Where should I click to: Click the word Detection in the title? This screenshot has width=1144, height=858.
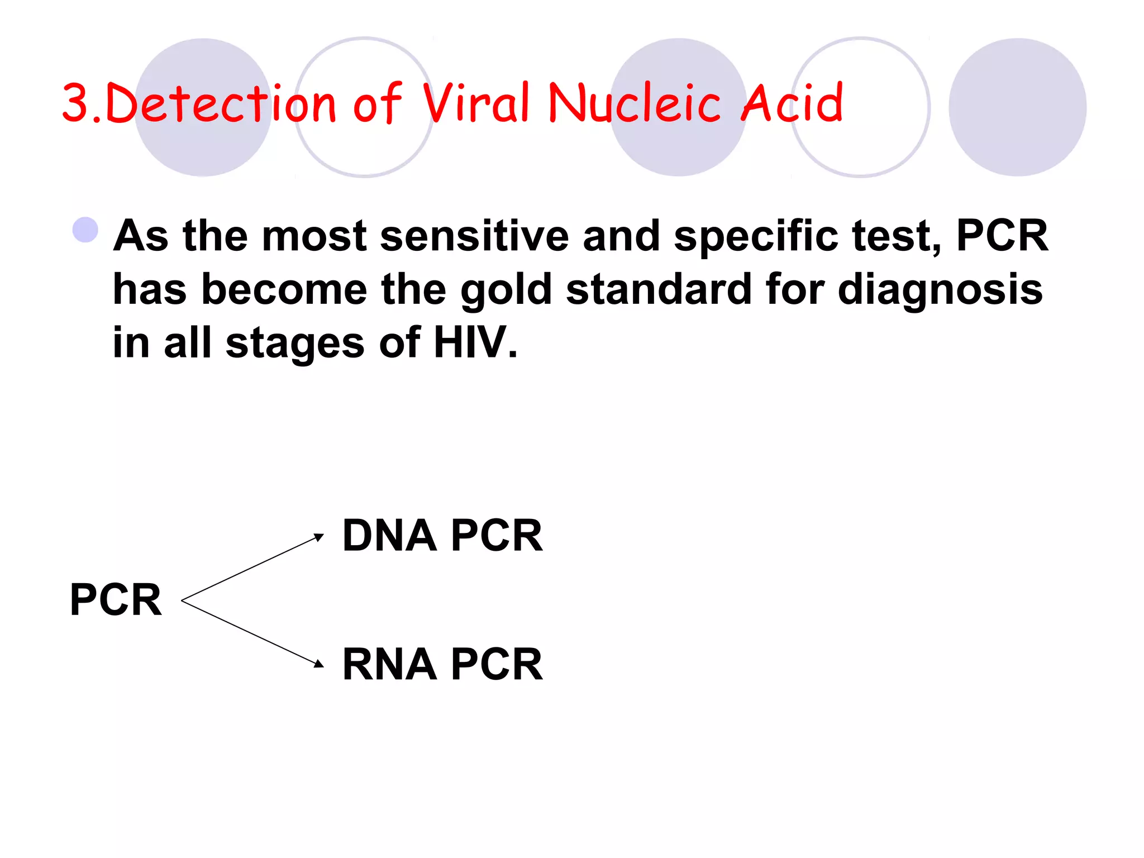pyautogui.click(x=221, y=103)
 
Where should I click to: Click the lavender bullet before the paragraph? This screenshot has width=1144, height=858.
pyautogui.click(x=85, y=230)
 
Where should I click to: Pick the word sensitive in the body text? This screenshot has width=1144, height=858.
pyautogui.click(x=474, y=236)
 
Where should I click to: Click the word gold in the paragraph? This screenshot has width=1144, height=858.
pyautogui.click(x=506, y=289)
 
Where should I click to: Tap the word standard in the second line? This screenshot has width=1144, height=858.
pyautogui.click(x=659, y=289)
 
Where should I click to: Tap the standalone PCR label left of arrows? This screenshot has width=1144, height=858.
pyautogui.click(x=116, y=599)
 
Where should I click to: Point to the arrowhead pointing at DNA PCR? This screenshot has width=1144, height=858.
pyautogui.click(x=319, y=537)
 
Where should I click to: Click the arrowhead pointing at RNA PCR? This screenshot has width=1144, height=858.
pyautogui.click(x=319, y=663)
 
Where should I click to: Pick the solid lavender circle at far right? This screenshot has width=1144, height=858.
pyautogui.click(x=1017, y=107)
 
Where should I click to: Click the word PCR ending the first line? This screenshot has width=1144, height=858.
pyautogui.click(x=1002, y=236)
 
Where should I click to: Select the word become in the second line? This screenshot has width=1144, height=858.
pyautogui.click(x=284, y=289)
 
